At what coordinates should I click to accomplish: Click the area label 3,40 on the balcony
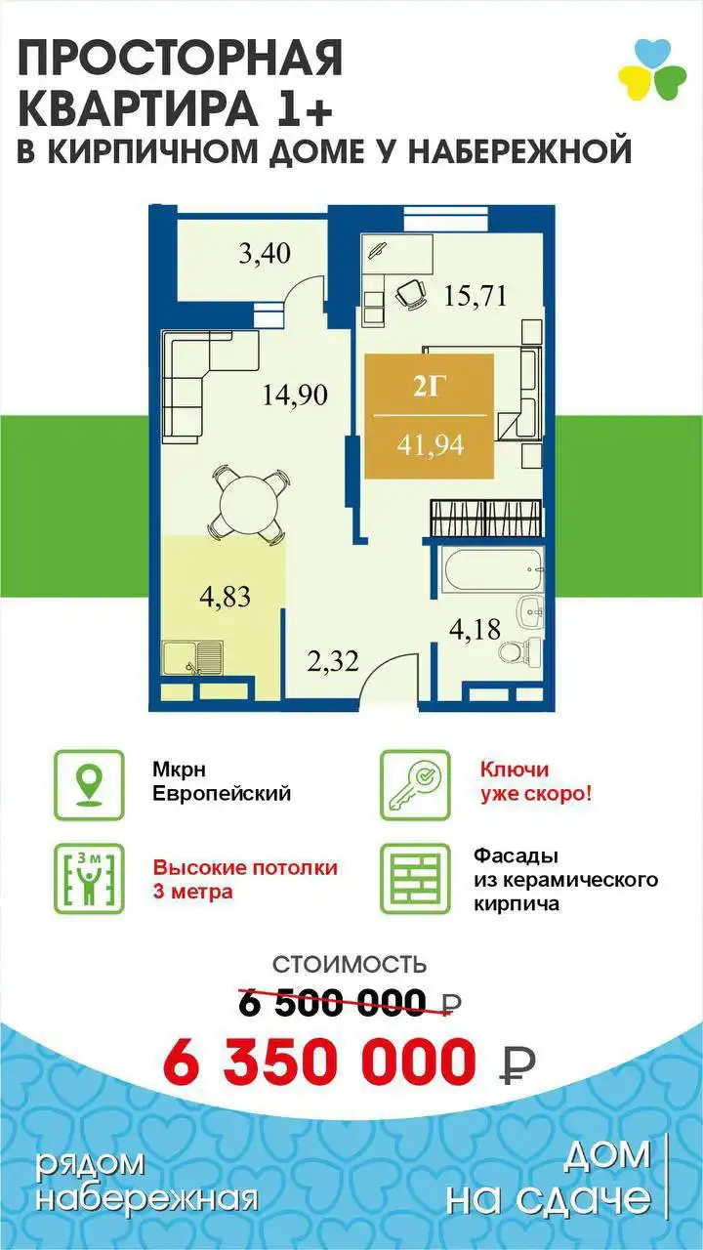265,254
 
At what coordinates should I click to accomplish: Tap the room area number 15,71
475,296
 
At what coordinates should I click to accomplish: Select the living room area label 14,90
295,396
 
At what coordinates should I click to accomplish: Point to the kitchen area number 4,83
225,597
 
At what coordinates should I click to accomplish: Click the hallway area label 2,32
333,662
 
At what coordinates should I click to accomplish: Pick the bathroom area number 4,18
475,629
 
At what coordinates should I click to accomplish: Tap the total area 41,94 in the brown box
431,445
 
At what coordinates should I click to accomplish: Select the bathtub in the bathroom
493,568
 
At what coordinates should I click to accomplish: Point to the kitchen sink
193,659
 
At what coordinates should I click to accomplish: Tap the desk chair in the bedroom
411,293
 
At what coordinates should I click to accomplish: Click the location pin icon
89,785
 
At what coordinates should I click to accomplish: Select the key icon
415,785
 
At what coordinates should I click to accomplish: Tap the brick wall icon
415,879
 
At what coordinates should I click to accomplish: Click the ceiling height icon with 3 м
89,879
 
